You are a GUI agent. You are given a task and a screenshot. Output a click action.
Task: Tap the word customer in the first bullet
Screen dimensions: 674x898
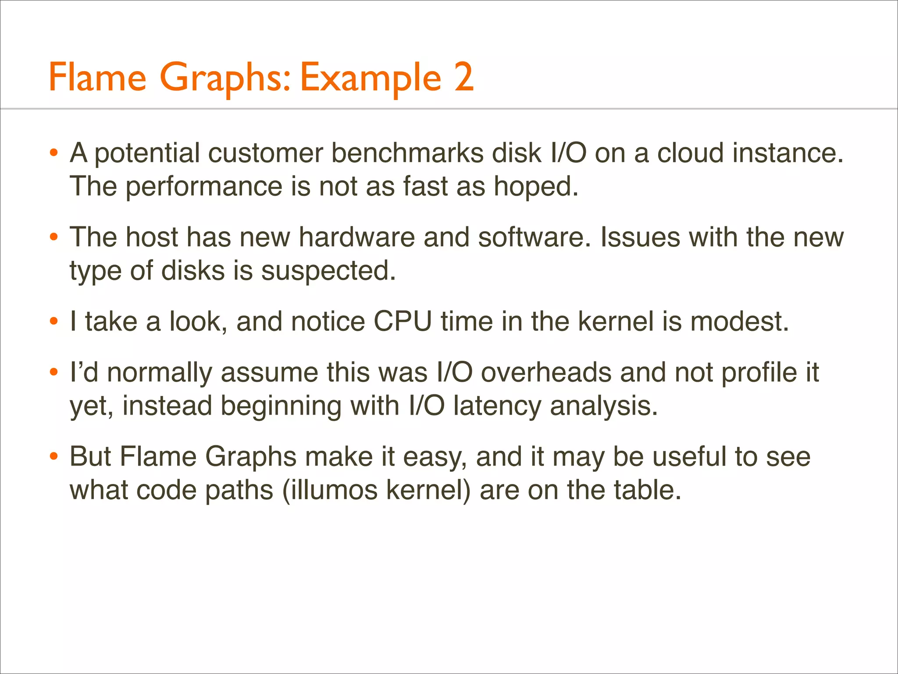point(264,153)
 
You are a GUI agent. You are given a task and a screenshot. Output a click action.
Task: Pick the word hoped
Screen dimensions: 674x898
point(536,186)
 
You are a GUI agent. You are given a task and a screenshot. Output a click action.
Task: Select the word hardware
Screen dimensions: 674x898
point(356,237)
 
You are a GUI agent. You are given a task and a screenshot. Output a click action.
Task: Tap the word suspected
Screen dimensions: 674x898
point(328,271)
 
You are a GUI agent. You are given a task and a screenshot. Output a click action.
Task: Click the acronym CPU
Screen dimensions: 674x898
point(403,322)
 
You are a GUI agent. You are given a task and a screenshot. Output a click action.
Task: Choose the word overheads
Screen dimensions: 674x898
point(546,373)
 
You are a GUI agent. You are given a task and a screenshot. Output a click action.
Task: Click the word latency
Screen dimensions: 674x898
point(497,406)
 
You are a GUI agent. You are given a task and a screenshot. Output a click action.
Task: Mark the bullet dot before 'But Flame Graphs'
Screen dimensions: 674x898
point(54,457)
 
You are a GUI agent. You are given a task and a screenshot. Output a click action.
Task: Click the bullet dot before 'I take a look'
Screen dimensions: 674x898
point(54,322)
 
